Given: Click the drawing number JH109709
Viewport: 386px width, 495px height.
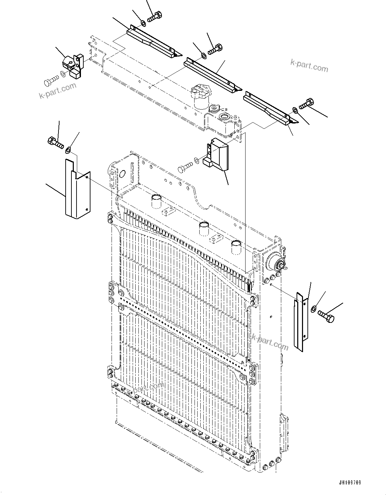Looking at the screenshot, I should pos(350,483).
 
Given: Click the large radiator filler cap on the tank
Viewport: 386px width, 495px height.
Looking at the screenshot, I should pos(201,94).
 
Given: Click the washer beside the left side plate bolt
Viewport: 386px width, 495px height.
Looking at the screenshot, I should pos(68,149).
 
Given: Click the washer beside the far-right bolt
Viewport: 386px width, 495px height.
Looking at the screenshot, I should pos(313,309).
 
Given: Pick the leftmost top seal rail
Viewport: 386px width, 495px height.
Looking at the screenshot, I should pos(153,41).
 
